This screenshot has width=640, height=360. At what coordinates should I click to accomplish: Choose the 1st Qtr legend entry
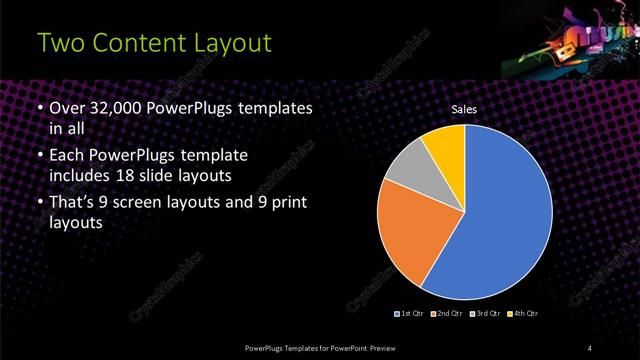click(410, 314)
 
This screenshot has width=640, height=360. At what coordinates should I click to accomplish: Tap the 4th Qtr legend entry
click(522, 314)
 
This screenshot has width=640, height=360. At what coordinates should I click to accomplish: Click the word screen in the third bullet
click(165, 203)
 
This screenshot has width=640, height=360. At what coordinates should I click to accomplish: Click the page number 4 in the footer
click(590, 347)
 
